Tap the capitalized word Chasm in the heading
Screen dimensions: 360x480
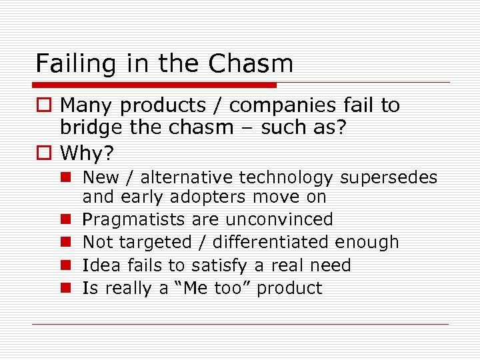pyautogui.click(x=251, y=64)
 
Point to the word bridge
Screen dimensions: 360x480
pyautogui.click(x=90, y=127)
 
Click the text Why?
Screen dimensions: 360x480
pyautogui.click(x=87, y=153)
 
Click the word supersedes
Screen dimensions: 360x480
pyautogui.click(x=389, y=177)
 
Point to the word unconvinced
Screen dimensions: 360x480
pyautogui.click(x=280, y=219)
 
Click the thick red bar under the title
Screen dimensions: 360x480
pyautogui.click(x=154, y=85)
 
